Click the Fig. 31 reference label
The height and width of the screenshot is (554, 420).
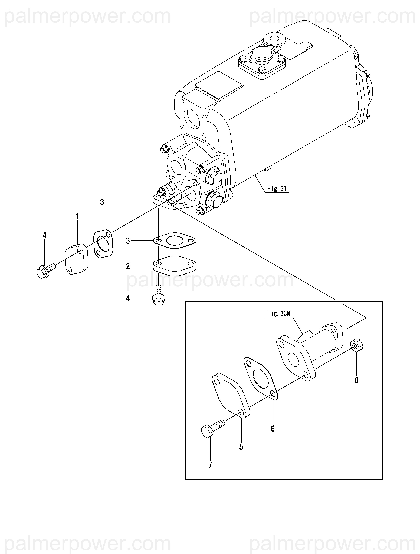277,188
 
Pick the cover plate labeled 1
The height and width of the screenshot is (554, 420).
77,259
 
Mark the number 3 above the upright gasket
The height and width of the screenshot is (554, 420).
102,202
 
